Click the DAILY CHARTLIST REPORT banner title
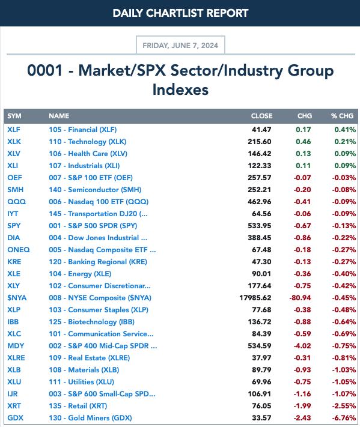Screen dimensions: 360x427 (x=180, y=13)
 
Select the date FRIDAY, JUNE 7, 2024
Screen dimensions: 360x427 (x=180, y=45)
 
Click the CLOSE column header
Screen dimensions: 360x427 (x=261, y=116)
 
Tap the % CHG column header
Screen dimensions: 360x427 (x=342, y=116)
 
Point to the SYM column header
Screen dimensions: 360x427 (x=14, y=116)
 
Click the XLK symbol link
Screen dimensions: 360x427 (x=14, y=142)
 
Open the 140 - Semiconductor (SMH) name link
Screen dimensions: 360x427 (x=95, y=190)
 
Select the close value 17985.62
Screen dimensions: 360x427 (x=255, y=298)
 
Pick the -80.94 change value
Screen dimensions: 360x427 (x=300, y=298)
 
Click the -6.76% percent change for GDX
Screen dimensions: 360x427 (x=344, y=418)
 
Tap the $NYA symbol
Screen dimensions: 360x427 (x=17, y=298)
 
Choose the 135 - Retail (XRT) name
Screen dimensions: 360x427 (x=78, y=406)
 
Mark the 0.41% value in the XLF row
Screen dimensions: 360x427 (x=345, y=130)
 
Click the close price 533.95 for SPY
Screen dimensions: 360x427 (x=260, y=226)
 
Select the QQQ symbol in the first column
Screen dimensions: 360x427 (x=16, y=202)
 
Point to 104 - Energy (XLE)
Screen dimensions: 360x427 (x=80, y=274)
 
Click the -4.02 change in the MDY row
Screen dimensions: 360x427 (x=302, y=346)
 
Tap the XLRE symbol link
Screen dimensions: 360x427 (x=16, y=358)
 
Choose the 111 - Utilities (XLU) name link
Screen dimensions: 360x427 (x=81, y=382)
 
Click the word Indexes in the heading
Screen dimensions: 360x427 (x=180, y=90)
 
